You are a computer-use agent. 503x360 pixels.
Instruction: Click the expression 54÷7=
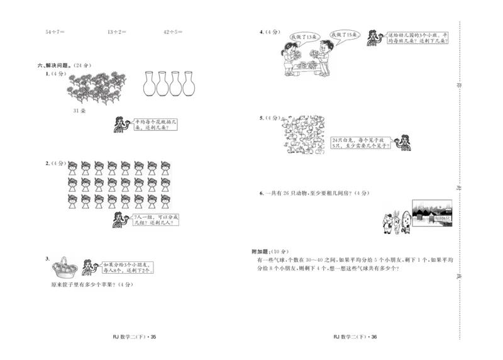(55, 31)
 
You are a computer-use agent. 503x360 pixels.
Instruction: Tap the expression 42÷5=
(172, 31)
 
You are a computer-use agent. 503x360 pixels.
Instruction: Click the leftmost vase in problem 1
(149, 84)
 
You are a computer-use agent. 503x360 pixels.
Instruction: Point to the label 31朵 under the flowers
(79, 111)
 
